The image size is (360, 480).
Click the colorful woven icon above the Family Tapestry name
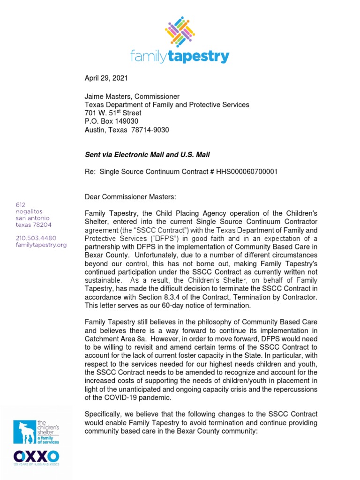pos(180,31)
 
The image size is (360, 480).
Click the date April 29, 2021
pos(106,78)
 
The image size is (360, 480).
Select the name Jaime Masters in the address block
pos(107,97)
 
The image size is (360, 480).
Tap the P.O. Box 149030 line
pos(111,121)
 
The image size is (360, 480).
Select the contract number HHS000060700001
pos(247,172)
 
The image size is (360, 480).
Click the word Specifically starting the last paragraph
pos(105,414)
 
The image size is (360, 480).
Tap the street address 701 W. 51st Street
pos(112,113)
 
